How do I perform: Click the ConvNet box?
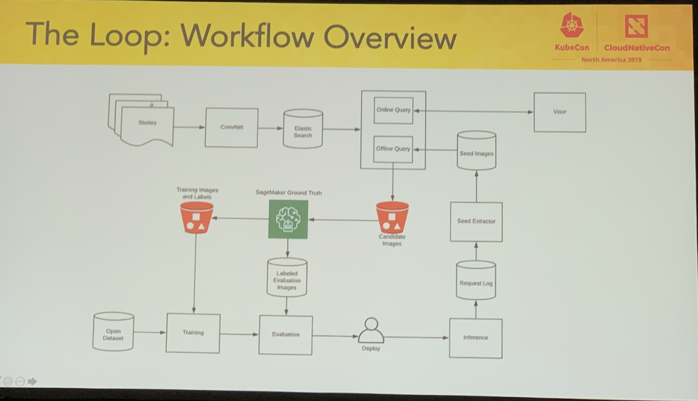click(x=231, y=128)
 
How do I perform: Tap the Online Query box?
click(x=393, y=110)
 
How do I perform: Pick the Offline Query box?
click(x=393, y=149)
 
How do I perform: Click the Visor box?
click(x=560, y=112)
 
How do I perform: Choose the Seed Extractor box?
click(x=476, y=222)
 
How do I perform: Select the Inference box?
click(x=476, y=338)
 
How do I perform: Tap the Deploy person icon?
click(x=371, y=331)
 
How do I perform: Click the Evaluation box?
click(x=286, y=335)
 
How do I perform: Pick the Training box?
click(x=193, y=333)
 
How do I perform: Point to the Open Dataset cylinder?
click(x=113, y=332)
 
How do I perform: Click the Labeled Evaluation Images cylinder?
click(x=287, y=278)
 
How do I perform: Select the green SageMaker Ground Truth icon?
click(x=288, y=219)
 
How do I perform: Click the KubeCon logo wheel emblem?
click(x=571, y=26)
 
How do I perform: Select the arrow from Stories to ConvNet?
click(x=189, y=127)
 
